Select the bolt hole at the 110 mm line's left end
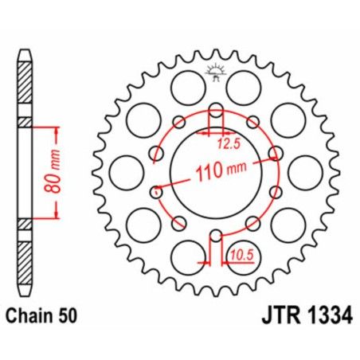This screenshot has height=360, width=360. pyautogui.click(x=156, y=192)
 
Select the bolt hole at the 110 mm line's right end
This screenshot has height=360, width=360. pyautogui.click(x=275, y=151)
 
